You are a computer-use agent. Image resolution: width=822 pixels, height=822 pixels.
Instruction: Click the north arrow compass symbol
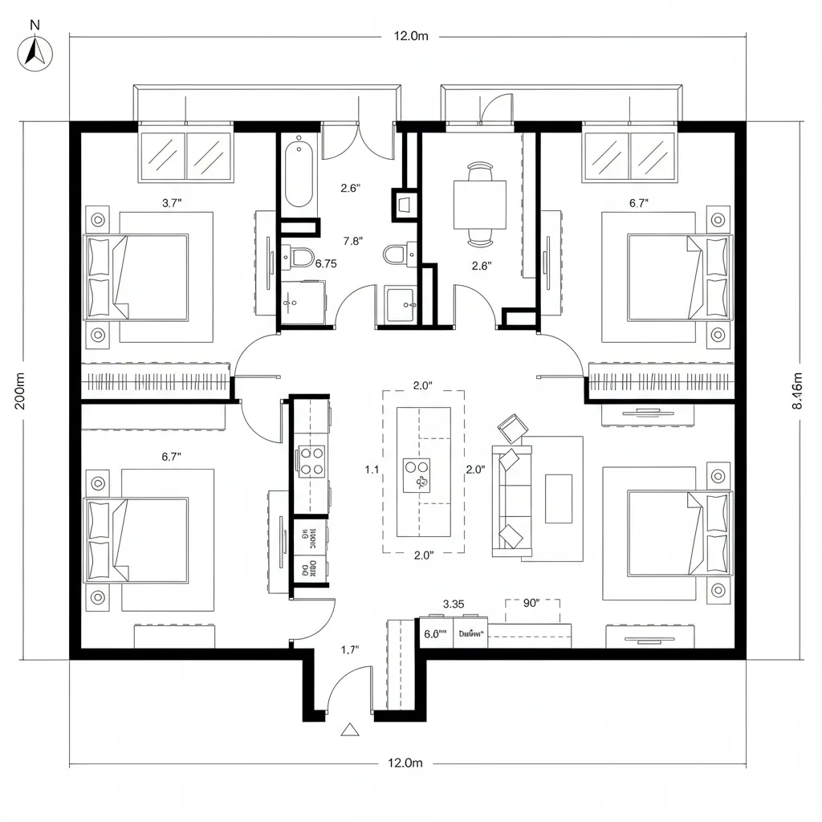(x=35, y=53)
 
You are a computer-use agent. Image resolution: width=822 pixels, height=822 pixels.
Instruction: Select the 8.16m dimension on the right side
(x=797, y=391)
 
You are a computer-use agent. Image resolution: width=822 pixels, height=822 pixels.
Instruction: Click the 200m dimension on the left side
(x=20, y=391)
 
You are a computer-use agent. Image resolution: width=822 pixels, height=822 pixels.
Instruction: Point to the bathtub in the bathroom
(x=300, y=171)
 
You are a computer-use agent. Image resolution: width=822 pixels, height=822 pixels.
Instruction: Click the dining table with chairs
(x=480, y=205)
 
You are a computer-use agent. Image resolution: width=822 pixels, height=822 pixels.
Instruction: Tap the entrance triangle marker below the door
(x=349, y=729)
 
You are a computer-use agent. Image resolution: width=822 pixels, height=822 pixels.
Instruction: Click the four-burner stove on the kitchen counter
(x=311, y=461)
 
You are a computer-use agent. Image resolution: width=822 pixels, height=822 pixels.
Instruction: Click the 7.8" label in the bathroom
(x=353, y=240)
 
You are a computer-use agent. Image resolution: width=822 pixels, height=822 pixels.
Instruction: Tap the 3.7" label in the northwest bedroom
(x=172, y=203)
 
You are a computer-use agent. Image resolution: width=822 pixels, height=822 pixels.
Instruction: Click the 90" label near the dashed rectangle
(x=531, y=604)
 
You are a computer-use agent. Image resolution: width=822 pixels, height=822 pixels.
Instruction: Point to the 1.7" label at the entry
(x=350, y=650)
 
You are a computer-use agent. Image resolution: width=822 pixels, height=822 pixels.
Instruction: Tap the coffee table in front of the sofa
(x=559, y=498)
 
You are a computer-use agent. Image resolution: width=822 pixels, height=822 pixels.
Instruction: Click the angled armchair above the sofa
(x=511, y=427)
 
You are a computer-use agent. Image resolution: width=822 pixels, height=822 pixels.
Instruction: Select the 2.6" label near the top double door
(x=351, y=189)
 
